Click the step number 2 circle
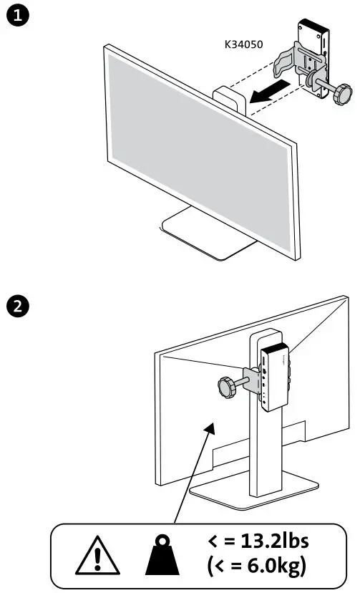click(x=16, y=307)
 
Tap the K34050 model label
click(x=245, y=44)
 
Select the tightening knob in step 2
click(x=228, y=387)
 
